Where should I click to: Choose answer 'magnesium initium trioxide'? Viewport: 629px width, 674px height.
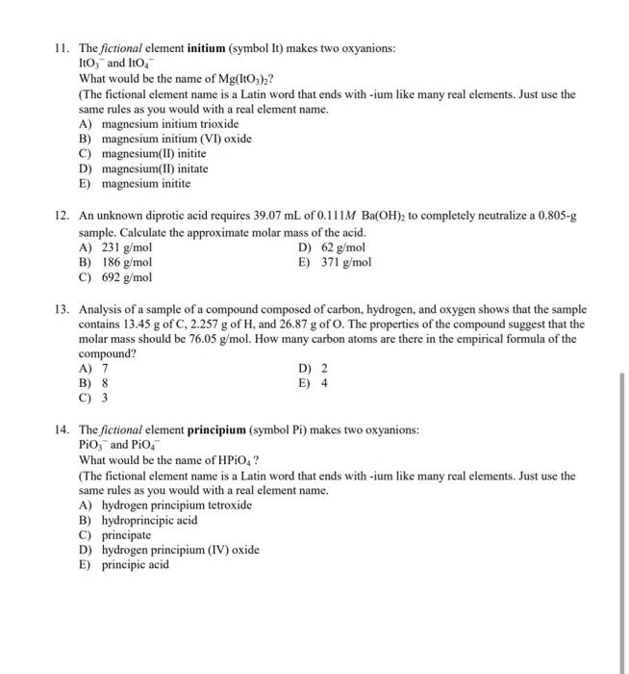[x=169, y=124]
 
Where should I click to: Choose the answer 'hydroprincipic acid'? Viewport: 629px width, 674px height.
[x=149, y=520]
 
